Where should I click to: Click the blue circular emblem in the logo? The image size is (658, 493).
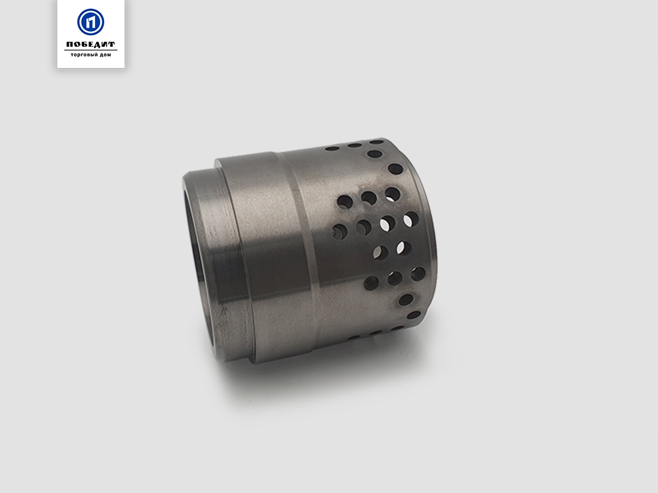(91, 22)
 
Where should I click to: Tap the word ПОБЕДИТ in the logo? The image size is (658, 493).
(91, 44)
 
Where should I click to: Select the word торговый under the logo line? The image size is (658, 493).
(84, 55)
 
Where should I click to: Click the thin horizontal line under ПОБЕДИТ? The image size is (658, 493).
(91, 50)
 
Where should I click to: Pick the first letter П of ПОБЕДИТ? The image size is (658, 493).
(70, 44)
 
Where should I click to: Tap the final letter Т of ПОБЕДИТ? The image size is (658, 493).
(111, 44)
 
